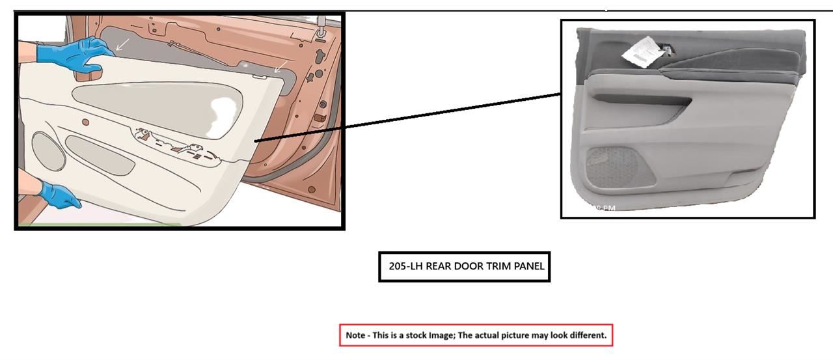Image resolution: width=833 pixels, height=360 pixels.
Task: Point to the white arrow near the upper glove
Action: click(122, 44)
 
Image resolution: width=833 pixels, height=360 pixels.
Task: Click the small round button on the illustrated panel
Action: click(85, 122)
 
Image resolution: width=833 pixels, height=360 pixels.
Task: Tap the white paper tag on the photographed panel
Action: click(640, 52)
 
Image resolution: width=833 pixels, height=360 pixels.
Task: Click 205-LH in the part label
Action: click(405, 266)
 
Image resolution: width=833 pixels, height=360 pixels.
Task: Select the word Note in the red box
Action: click(355, 335)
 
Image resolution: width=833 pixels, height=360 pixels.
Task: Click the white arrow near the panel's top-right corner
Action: click(279, 66)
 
